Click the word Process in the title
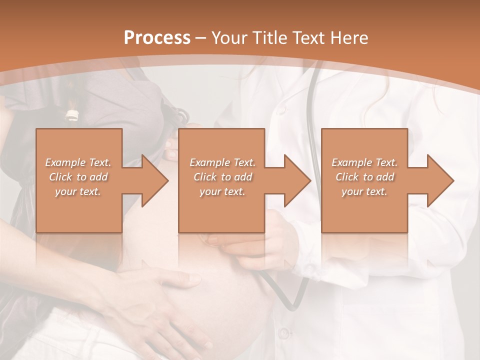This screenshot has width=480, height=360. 157,38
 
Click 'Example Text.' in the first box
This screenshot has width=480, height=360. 78,162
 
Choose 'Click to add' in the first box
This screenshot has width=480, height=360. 78,177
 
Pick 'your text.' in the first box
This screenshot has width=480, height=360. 78,191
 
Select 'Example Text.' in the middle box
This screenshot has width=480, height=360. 222,162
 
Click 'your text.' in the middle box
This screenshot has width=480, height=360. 222,191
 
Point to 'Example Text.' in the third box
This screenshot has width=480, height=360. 364,162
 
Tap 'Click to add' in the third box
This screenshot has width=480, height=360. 364,177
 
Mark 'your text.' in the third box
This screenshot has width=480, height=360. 364,191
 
